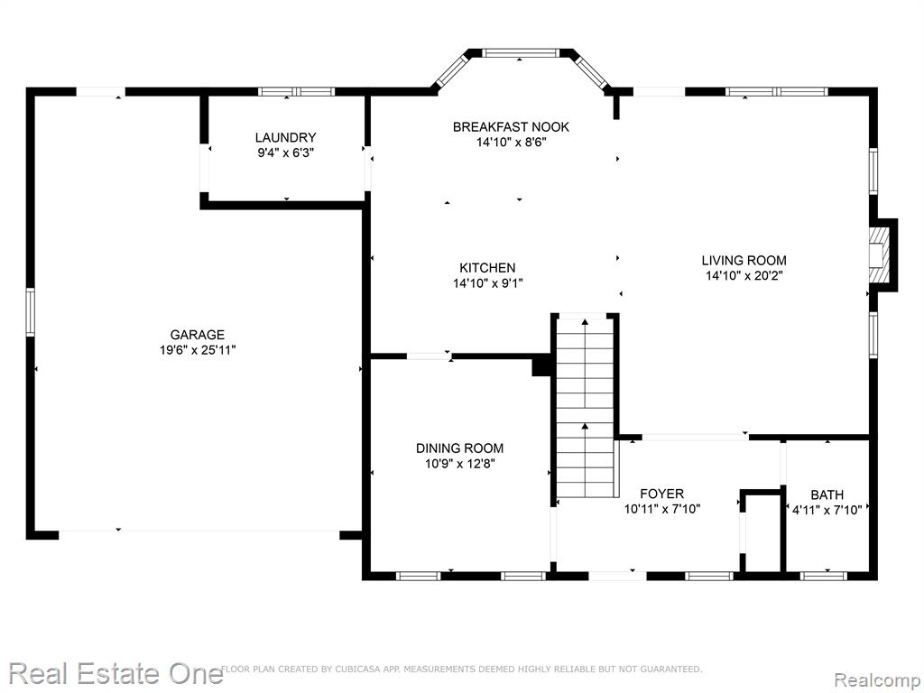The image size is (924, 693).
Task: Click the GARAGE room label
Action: click(198, 335)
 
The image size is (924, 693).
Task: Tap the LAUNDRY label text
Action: click(286, 137)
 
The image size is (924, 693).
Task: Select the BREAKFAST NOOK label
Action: click(511, 126)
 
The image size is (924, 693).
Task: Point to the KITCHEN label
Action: click(488, 267)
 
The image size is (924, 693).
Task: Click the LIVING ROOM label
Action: click(744, 260)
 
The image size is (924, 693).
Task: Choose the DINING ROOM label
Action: click(459, 448)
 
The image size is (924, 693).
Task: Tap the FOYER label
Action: click(661, 494)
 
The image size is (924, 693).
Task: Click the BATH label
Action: click(827, 494)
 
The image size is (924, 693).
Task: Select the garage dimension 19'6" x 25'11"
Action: click(198, 350)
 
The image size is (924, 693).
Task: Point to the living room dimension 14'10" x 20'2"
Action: click(744, 275)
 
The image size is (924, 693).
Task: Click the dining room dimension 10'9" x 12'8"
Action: click(459, 463)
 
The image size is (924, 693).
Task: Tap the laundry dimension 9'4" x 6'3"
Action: click(286, 152)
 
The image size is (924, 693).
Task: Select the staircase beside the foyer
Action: click(586, 407)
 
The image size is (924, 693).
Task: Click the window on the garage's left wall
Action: click(31, 312)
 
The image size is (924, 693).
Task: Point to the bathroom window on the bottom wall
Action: click(823, 576)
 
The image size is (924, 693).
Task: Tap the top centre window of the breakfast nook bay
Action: click(520, 53)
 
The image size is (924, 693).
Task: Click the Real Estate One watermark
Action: click(115, 673)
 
